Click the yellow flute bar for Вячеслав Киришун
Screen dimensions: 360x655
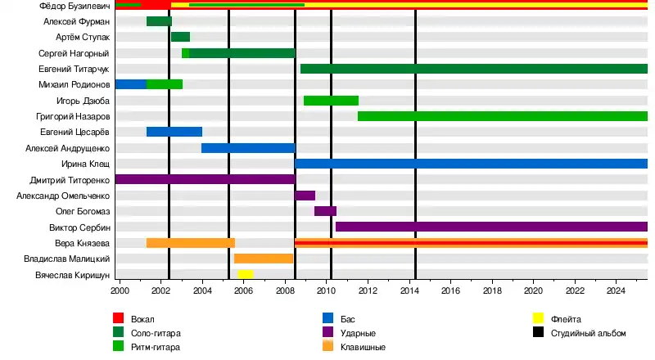245,274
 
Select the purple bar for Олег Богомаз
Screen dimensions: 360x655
325,211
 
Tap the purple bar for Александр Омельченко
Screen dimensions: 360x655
305,196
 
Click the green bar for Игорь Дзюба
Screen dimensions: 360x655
331,101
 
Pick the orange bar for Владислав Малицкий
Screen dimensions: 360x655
264,259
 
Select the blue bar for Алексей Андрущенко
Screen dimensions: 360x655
248,148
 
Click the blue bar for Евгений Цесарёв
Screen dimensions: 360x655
174,132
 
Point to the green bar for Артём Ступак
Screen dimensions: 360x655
180,37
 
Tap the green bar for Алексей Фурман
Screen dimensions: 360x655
159,21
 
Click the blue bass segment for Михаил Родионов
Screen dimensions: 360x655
131,84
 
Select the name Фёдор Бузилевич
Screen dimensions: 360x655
75,6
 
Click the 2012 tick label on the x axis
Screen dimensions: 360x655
368,290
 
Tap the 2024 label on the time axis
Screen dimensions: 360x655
616,290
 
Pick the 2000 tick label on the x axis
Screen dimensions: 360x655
120,290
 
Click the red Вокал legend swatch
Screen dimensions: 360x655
119,318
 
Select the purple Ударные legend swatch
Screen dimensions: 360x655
328,333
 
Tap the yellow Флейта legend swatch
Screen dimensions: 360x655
538,318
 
